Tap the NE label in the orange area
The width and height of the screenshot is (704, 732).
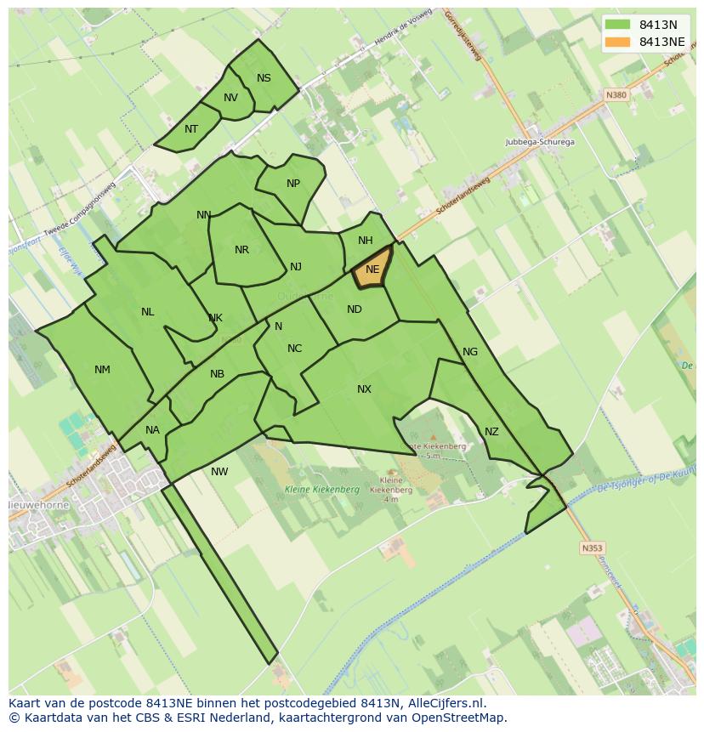click(x=372, y=270)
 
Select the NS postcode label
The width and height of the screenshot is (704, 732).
click(x=264, y=78)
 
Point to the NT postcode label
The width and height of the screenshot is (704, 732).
click(x=191, y=129)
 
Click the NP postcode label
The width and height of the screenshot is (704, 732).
click(x=293, y=184)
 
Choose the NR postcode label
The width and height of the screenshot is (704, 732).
click(x=241, y=250)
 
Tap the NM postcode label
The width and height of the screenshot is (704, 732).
click(x=102, y=370)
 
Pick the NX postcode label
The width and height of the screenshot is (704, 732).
click(x=364, y=389)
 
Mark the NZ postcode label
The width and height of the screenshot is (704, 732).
click(x=491, y=432)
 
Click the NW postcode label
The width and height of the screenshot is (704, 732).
click(x=219, y=472)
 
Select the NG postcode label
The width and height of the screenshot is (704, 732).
click(x=470, y=352)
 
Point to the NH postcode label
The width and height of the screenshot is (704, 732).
click(x=365, y=241)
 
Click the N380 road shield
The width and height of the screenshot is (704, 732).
click(x=616, y=95)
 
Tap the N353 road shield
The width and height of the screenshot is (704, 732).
click(x=592, y=548)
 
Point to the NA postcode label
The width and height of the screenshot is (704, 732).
click(x=152, y=430)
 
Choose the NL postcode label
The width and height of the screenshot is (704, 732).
click(x=148, y=312)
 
